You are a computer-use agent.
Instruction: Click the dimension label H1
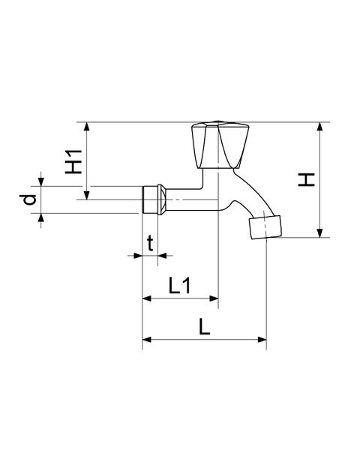coord(73,161)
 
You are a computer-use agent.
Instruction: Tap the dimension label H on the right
coord(305,180)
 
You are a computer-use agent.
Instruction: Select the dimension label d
coord(28,200)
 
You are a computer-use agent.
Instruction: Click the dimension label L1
coord(179,286)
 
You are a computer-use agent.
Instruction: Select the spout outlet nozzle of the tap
coord(265,226)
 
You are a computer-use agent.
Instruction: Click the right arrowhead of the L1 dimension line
coord(214,298)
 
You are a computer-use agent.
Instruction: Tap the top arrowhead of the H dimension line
coord(320,126)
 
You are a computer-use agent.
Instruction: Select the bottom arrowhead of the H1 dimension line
coord(88,196)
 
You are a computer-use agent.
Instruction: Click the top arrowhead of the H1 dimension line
coord(88,126)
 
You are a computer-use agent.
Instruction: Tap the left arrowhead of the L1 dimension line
coord(146,298)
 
